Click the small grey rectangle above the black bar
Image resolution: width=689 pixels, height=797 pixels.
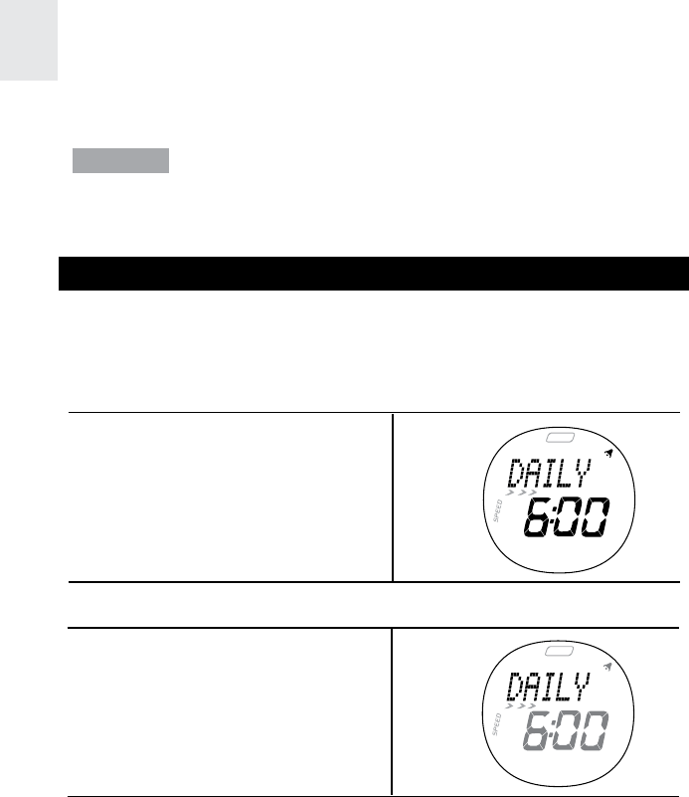coord(120,161)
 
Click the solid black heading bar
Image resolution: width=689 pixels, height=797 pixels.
coord(373,273)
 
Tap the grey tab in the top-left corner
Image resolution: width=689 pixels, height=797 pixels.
coord(29,40)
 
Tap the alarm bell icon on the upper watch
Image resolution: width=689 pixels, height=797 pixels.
coord(608,454)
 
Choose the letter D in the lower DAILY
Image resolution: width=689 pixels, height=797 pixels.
coord(515,689)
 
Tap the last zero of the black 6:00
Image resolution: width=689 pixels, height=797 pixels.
coord(596,518)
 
